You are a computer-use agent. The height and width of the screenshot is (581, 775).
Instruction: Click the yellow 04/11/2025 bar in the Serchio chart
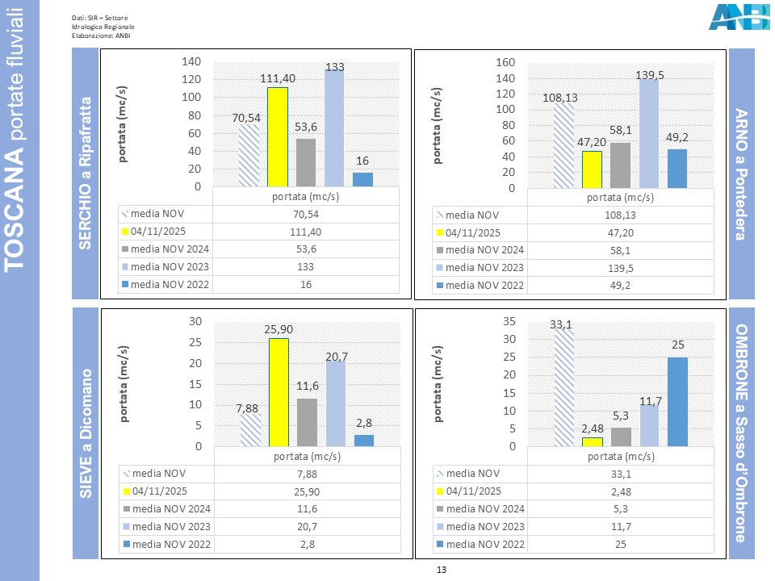point(278,136)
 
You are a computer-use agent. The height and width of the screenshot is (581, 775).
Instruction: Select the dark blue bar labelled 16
point(363,179)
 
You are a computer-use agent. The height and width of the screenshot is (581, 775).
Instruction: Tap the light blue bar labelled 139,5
point(650,133)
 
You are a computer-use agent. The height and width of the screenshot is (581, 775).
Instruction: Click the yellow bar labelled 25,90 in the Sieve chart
point(278,391)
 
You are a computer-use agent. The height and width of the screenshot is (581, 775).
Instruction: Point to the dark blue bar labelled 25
point(677,401)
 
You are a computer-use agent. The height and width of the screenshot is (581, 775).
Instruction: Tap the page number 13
point(441,570)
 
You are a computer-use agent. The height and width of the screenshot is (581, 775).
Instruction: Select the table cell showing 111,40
point(306,232)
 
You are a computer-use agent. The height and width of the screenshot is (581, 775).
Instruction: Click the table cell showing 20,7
point(306,525)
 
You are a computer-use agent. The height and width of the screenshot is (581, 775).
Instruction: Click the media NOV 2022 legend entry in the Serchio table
point(166,284)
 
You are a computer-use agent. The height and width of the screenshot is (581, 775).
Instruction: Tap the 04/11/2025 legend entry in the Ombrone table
point(480,491)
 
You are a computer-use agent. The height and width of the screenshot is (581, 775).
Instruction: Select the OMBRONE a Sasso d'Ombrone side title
point(742,433)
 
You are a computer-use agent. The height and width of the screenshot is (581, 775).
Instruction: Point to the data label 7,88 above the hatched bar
point(249,409)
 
